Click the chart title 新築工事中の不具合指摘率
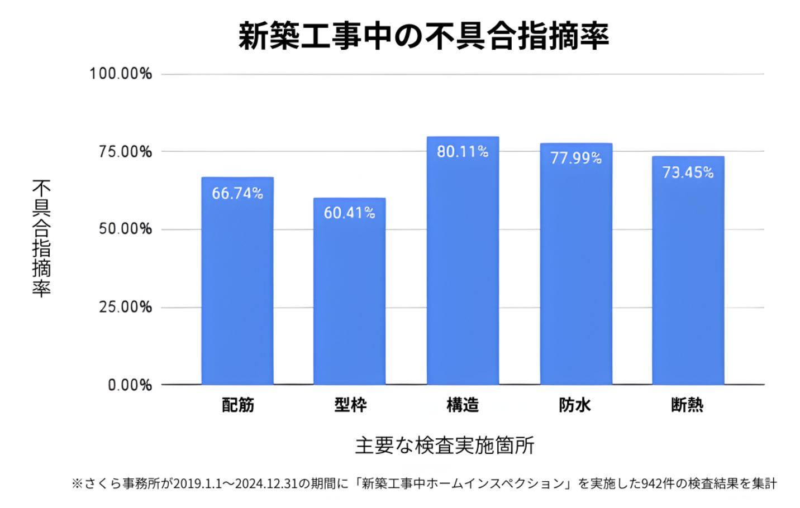(x=423, y=36)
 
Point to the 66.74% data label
(x=237, y=193)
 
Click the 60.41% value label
(x=349, y=213)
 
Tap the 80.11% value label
(x=463, y=151)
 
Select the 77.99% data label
(x=576, y=158)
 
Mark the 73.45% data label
(x=688, y=172)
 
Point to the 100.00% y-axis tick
(x=121, y=74)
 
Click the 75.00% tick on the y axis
(x=125, y=152)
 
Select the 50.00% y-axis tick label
(x=125, y=229)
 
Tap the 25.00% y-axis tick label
(x=125, y=307)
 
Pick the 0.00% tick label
(x=130, y=385)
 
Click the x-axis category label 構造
(x=463, y=405)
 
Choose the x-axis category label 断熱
(x=687, y=405)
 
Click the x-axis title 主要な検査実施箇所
(x=445, y=445)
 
